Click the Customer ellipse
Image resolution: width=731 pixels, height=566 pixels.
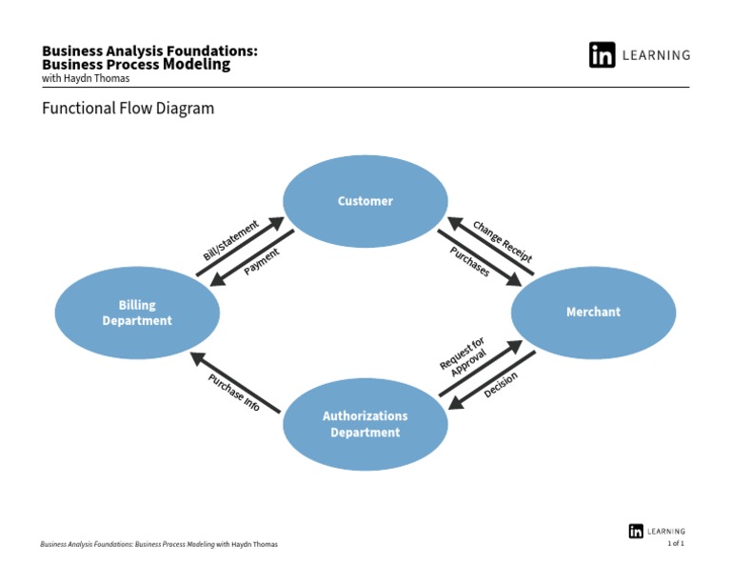pos(365,201)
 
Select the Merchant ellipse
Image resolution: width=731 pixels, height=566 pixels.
pos(593,313)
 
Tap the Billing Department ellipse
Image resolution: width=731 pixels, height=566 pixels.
pos(137,313)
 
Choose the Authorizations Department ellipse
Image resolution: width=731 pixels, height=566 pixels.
pos(365,424)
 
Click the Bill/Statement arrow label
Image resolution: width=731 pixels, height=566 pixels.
pos(230,241)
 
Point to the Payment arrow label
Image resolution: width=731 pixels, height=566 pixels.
pos(262,262)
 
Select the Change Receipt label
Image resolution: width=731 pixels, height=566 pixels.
pos(503,241)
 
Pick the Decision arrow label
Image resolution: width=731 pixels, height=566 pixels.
pos(501,385)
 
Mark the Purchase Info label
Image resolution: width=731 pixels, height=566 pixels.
pos(234,392)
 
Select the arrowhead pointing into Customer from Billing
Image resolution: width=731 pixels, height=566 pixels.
pos(277,224)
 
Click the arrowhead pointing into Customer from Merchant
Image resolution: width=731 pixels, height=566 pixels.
pos(455,224)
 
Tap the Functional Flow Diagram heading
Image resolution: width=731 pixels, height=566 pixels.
pos(128,109)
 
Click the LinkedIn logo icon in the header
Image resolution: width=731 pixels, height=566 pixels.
pos(602,55)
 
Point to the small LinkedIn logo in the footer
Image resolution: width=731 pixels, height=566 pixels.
pos(636,532)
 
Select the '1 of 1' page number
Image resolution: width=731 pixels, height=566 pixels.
pos(675,543)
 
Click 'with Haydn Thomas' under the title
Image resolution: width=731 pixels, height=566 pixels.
pos(86,78)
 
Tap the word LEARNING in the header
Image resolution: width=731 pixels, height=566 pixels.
pos(656,55)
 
